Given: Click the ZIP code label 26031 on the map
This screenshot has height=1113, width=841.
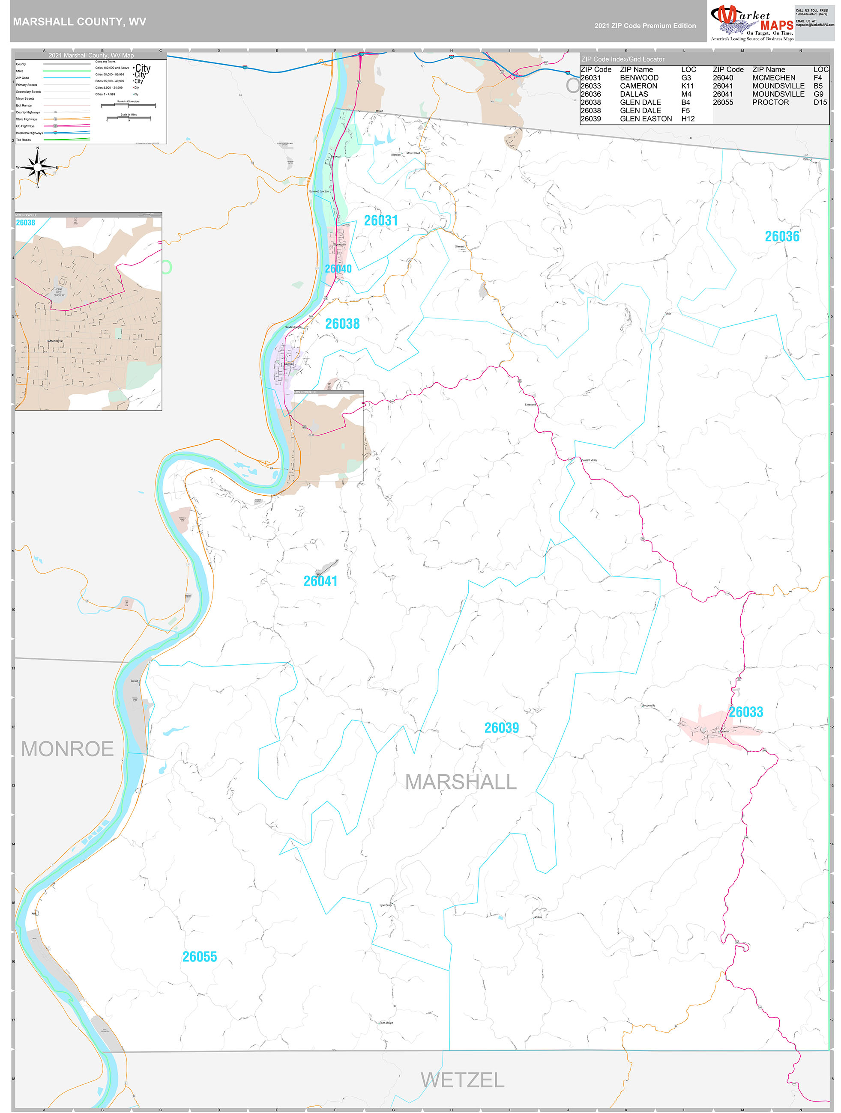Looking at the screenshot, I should pos(381,220).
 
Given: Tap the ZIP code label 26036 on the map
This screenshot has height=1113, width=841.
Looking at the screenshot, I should pos(781,236).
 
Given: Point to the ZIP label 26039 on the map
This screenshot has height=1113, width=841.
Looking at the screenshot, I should pos(501,728).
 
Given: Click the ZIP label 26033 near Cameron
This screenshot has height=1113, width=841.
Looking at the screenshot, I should pos(746,712).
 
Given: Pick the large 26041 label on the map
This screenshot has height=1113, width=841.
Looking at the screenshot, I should pos(320,581).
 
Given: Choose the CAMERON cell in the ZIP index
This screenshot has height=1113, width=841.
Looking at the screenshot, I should pos(638,86).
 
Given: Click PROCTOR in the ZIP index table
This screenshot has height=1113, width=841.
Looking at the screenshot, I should pos(770,102).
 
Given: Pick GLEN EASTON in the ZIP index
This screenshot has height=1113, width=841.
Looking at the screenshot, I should pos(646,119).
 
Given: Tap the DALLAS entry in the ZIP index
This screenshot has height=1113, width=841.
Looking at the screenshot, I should pos(634,94).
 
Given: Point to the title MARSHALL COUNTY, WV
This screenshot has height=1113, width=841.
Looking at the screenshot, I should pos(80,22).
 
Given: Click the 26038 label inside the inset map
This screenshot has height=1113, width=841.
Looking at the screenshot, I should pos(26,223).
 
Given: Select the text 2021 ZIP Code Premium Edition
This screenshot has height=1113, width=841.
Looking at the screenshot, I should pos(645,26).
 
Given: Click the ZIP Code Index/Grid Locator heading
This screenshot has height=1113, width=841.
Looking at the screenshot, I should pos(623,60).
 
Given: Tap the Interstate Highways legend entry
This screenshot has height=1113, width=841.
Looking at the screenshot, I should pos(29,133).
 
